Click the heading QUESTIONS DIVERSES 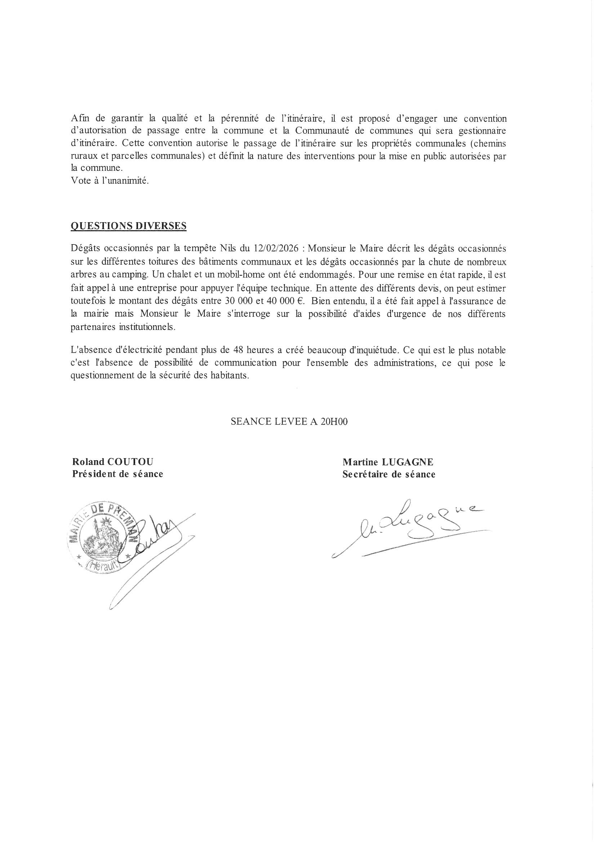pyautogui.click(x=128, y=226)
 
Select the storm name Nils pyautogui.click(x=230, y=248)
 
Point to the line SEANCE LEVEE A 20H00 pyautogui.click(x=289, y=422)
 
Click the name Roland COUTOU pyautogui.click(x=113, y=462)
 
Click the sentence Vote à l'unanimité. pyautogui.click(x=110, y=181)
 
